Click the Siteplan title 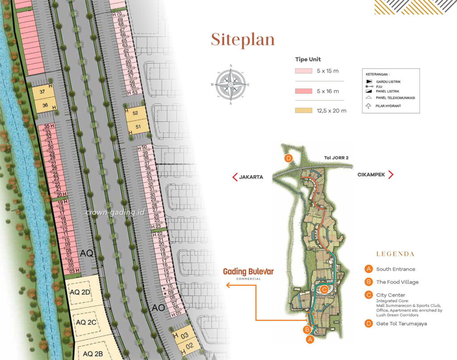point(243,39)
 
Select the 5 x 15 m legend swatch point(303,71)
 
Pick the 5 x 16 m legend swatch point(303,91)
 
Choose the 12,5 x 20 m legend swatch point(303,110)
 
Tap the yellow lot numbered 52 point(135,113)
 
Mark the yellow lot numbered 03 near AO point(185,335)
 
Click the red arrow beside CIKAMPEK point(391,175)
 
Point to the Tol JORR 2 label point(337,157)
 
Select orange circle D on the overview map point(289,158)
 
